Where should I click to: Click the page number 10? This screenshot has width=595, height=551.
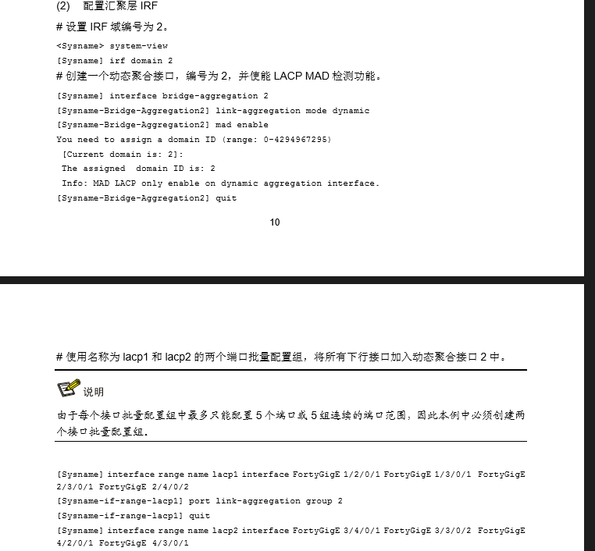point(275,222)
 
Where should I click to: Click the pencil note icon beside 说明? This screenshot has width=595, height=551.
point(69,389)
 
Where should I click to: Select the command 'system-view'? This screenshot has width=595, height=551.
point(138,46)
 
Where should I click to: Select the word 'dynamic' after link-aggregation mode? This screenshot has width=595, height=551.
point(351,111)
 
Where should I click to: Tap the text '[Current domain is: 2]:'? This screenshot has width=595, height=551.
point(123,155)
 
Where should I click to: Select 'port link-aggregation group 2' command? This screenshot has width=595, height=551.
point(265,501)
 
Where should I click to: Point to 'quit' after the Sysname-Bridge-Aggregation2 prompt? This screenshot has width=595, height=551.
point(226,198)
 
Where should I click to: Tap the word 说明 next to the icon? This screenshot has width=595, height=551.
point(94,392)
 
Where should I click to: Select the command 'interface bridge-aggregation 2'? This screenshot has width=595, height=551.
point(189,96)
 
